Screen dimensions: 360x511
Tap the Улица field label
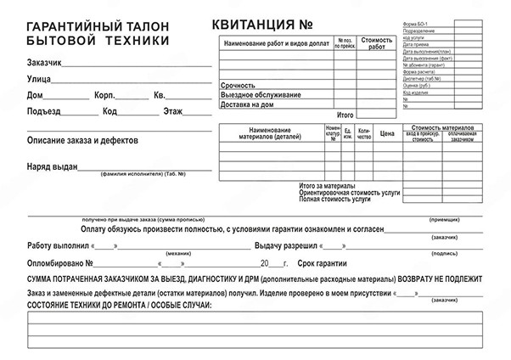click(x=38, y=78)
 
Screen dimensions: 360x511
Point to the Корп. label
click(x=105, y=94)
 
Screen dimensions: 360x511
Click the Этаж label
click(x=172, y=110)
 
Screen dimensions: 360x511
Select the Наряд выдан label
click(x=52, y=166)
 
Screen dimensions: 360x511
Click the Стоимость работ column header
click(x=377, y=43)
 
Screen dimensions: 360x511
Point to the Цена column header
click(x=387, y=133)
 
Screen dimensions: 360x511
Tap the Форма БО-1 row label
click(x=417, y=23)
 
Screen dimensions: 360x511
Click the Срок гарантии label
click(x=321, y=263)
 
